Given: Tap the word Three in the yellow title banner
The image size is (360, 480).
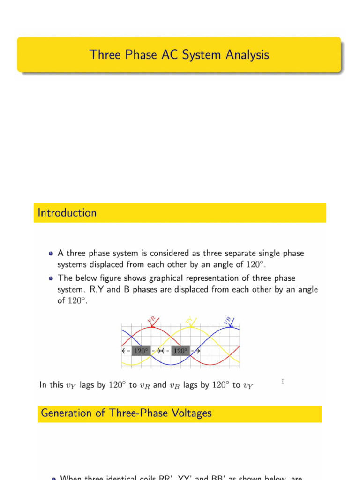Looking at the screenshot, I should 105,55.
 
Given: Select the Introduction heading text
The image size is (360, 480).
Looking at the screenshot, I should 67,213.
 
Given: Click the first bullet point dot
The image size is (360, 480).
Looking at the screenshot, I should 51,253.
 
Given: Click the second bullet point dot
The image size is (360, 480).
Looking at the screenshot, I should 51,278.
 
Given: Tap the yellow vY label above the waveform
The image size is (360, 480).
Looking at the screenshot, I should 189,321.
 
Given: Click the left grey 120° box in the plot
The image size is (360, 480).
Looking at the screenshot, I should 141,351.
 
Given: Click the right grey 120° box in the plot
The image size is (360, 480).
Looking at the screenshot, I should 180,351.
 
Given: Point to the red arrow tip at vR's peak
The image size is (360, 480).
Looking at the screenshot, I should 152,327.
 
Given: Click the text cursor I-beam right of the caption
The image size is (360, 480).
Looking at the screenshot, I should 283,382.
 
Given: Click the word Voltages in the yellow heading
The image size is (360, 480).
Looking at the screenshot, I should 192,413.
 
